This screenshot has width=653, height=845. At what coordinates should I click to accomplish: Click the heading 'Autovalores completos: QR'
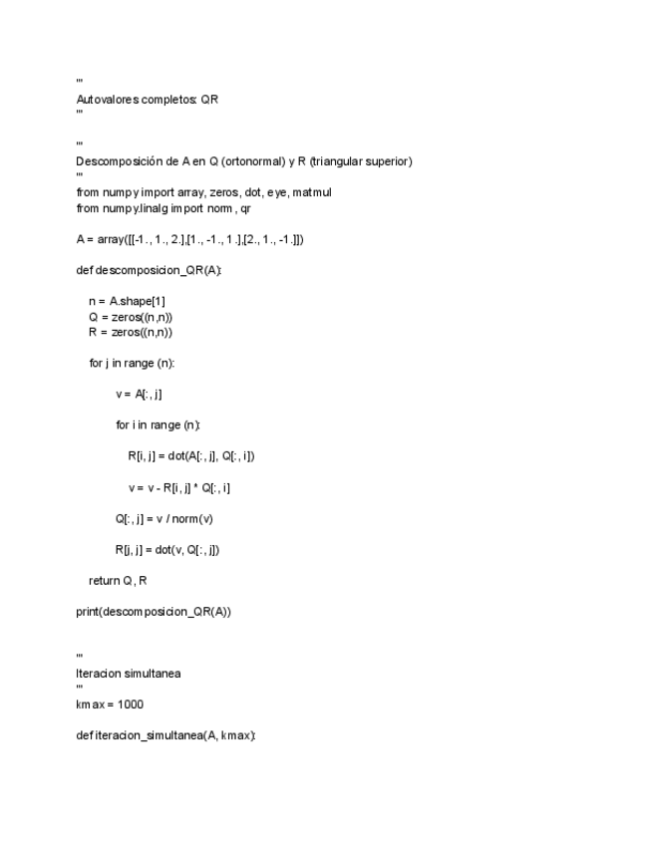click(148, 100)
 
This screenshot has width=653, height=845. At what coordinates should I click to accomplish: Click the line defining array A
click(189, 239)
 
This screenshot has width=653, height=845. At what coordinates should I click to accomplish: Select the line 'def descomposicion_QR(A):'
click(149, 270)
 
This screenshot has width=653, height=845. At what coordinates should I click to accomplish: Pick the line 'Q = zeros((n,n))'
click(131, 317)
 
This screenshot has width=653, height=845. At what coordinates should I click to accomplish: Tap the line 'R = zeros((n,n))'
click(131, 332)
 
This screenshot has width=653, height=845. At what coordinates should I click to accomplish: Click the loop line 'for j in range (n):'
click(132, 363)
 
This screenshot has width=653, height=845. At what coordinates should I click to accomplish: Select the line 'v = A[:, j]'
click(139, 394)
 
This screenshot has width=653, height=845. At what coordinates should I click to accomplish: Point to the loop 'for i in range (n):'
click(158, 425)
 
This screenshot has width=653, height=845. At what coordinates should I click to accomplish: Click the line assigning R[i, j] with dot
click(191, 456)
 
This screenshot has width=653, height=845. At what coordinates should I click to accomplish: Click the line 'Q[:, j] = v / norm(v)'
click(163, 518)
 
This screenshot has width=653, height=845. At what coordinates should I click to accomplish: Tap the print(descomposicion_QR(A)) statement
click(153, 611)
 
